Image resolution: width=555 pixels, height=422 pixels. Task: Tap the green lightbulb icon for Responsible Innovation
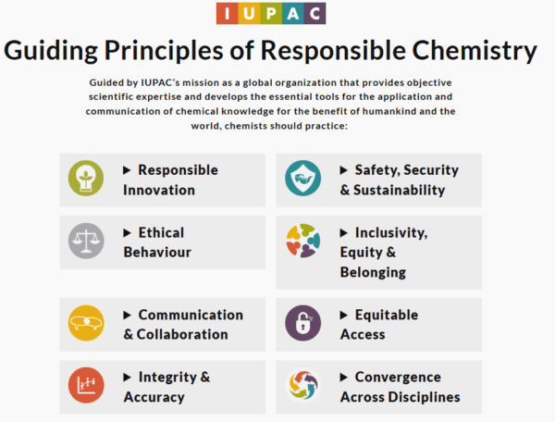86,179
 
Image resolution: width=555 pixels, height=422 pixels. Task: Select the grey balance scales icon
86,241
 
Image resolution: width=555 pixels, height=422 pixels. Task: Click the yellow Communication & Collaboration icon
86,322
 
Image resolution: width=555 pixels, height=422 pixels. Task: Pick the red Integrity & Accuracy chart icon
86,386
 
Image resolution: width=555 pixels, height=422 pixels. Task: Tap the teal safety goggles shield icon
302,179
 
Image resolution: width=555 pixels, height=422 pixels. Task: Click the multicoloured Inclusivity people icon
302,241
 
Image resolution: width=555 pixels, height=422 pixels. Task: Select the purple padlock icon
302,322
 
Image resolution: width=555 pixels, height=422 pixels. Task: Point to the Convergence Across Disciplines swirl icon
302,386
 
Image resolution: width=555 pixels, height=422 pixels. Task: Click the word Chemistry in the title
464,51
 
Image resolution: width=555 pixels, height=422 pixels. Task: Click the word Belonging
373,272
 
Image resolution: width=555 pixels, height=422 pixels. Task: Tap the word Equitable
387,315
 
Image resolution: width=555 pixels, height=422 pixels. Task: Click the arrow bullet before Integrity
128,377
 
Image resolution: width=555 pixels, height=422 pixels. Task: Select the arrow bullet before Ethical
128,232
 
